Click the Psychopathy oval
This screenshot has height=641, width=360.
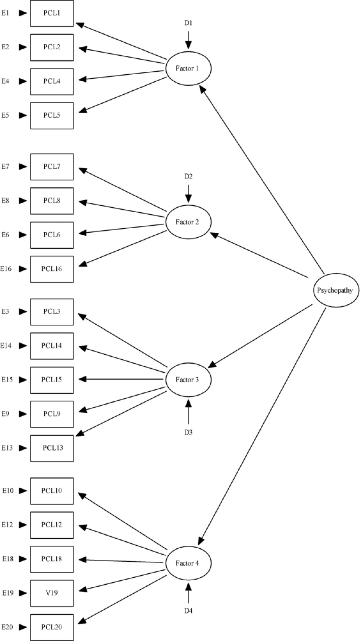(336, 290)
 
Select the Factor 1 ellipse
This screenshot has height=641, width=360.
(188, 69)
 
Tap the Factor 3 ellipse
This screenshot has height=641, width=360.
(188, 380)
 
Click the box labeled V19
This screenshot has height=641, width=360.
(52, 593)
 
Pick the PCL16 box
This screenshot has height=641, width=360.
(52, 269)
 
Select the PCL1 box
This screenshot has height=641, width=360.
(52, 13)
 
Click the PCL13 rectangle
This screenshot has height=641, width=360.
(52, 448)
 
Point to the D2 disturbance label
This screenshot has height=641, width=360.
(188, 176)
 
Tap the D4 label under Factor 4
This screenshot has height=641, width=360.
(188, 611)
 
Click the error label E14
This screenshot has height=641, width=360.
(6, 346)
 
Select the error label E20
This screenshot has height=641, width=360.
(7, 627)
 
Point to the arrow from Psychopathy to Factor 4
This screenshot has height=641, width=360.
(261, 427)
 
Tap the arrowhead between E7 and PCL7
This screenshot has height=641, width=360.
(23, 167)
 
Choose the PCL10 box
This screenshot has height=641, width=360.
(52, 491)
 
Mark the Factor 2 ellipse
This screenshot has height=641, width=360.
(188, 222)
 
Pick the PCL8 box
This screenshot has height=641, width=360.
(52, 201)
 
